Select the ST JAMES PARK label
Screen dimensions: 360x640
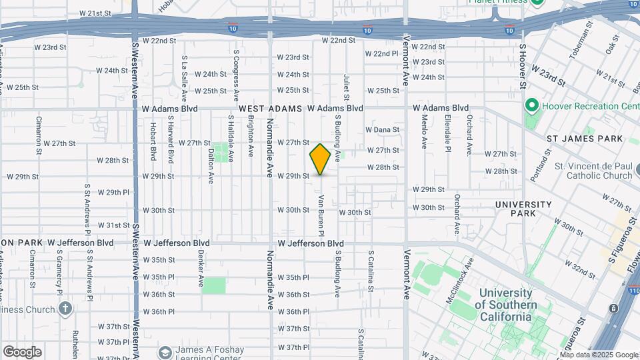pyautogui.click(x=584, y=139)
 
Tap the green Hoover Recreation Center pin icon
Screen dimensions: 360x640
pyautogui.click(x=531, y=106)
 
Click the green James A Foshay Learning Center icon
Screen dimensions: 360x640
pyautogui.click(x=164, y=351)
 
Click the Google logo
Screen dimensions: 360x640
pyautogui.click(x=22, y=351)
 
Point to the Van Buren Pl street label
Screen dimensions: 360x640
pyautogui.click(x=321, y=215)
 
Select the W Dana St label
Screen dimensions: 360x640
pyautogui.click(x=382, y=129)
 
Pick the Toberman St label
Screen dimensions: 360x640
pyautogui.click(x=584, y=40)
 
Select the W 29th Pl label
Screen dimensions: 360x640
pyautogui.click(x=113, y=192)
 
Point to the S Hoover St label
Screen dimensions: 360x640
pyautogui.click(x=523, y=67)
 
